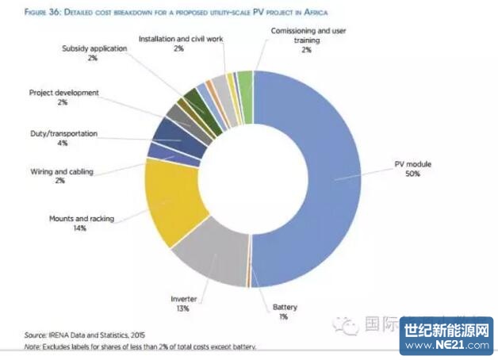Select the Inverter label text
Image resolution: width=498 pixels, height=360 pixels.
point(183,299)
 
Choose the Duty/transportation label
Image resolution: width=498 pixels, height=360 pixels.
point(63,134)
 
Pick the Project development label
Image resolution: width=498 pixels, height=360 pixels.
point(64,93)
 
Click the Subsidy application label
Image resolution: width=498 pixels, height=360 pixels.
point(93,48)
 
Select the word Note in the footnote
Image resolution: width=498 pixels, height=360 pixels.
point(32,347)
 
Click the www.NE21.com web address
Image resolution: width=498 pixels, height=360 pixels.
point(446,347)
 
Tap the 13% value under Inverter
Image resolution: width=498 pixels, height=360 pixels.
point(183,308)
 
